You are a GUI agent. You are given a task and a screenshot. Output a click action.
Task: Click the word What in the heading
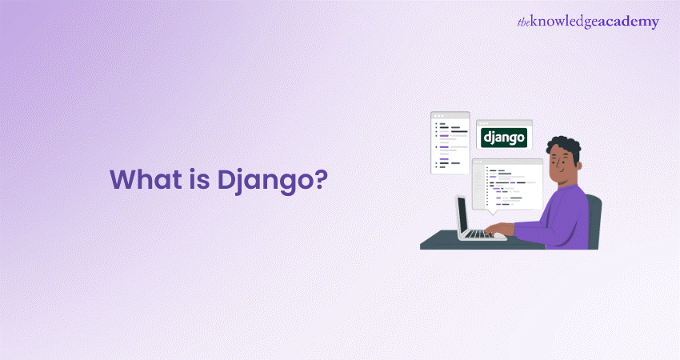[x=146, y=179]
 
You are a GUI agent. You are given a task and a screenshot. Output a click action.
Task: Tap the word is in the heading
[x=199, y=179]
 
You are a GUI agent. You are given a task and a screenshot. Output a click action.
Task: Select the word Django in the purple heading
[x=264, y=182]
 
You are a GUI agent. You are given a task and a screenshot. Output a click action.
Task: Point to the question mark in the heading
[x=320, y=179]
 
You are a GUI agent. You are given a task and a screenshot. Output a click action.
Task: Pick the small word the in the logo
[x=523, y=22]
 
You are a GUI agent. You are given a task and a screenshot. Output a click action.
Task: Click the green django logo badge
[x=504, y=138]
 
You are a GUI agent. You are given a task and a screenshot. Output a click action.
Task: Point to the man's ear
[x=578, y=166]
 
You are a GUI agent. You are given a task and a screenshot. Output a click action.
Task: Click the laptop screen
[x=462, y=215]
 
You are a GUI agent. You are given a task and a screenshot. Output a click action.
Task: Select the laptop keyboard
[x=480, y=234]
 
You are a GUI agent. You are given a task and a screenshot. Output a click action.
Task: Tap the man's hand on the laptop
[x=498, y=229]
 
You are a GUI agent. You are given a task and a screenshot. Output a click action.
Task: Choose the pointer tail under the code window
[x=492, y=212]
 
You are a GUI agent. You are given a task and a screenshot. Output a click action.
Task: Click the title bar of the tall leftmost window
[x=450, y=115]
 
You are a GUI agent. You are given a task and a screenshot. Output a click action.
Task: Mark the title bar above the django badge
[x=504, y=123]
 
